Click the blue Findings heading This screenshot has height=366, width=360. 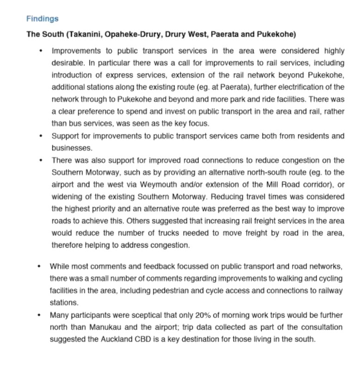coord(42,19)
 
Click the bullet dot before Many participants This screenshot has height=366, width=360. coord(39,315)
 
